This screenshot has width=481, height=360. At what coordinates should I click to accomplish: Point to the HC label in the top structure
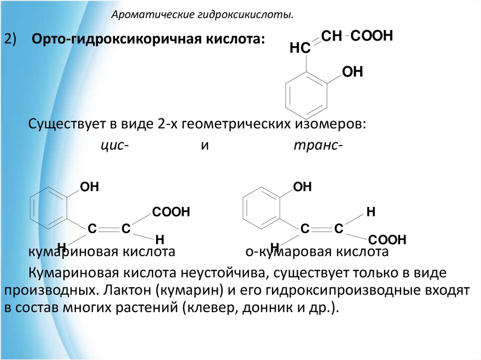[300, 47]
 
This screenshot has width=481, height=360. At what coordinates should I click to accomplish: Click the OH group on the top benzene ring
[352, 72]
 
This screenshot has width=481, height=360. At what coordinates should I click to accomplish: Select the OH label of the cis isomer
[89, 187]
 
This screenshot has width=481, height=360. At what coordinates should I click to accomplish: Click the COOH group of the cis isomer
[170, 212]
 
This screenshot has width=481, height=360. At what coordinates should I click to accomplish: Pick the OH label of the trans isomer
[302, 187]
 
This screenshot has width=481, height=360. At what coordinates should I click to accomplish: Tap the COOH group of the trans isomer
[387, 240]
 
